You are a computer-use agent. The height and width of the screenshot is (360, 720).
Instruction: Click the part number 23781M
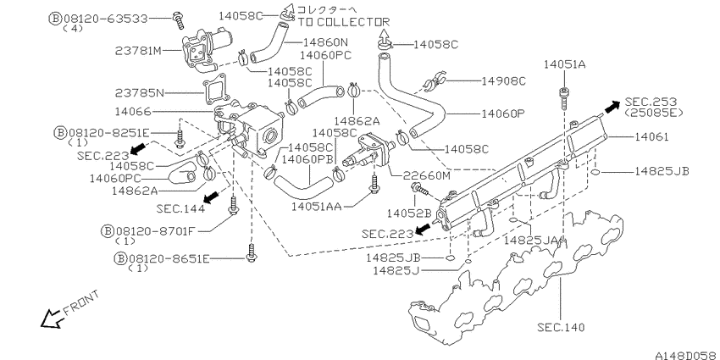tap(138, 51)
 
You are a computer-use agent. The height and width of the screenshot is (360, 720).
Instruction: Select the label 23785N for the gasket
tap(139, 93)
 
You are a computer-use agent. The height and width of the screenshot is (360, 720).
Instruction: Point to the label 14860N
tap(326, 42)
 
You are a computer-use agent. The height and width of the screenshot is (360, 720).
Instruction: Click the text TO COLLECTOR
tap(343, 21)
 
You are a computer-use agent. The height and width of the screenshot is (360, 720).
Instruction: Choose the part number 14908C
tap(503, 80)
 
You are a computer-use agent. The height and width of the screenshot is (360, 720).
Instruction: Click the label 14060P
tap(502, 113)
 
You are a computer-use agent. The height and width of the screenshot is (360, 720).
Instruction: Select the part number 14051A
tap(564, 64)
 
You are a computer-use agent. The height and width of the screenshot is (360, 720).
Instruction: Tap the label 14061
tap(651, 136)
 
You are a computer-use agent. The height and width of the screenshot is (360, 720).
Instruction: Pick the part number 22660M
tap(426, 175)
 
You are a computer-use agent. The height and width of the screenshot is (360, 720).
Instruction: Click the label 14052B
tap(409, 213)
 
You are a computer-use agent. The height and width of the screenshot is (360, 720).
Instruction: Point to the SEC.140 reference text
tap(561, 328)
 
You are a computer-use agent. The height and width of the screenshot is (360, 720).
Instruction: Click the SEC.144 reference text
tap(180, 208)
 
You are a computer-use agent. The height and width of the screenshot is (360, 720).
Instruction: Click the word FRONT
tap(80, 302)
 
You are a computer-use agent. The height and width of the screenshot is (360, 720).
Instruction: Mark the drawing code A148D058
tap(687, 355)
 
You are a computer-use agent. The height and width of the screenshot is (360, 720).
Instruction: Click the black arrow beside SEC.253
tap(612, 108)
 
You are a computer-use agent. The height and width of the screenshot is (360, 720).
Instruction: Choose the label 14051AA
tap(317, 207)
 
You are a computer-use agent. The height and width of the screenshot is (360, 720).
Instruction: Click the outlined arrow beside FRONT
tap(52, 318)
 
